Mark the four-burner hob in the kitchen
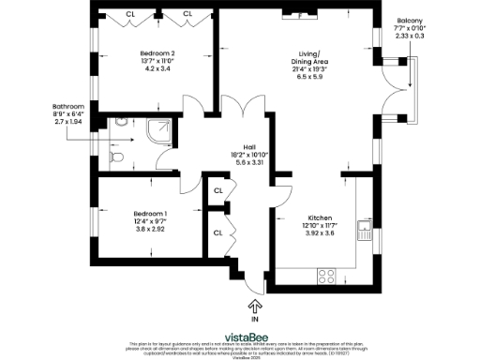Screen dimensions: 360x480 tap(328, 276)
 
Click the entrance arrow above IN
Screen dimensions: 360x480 tap(255, 306)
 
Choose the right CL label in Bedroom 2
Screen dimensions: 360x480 tap(187, 14)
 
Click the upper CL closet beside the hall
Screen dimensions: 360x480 tap(217, 190)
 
